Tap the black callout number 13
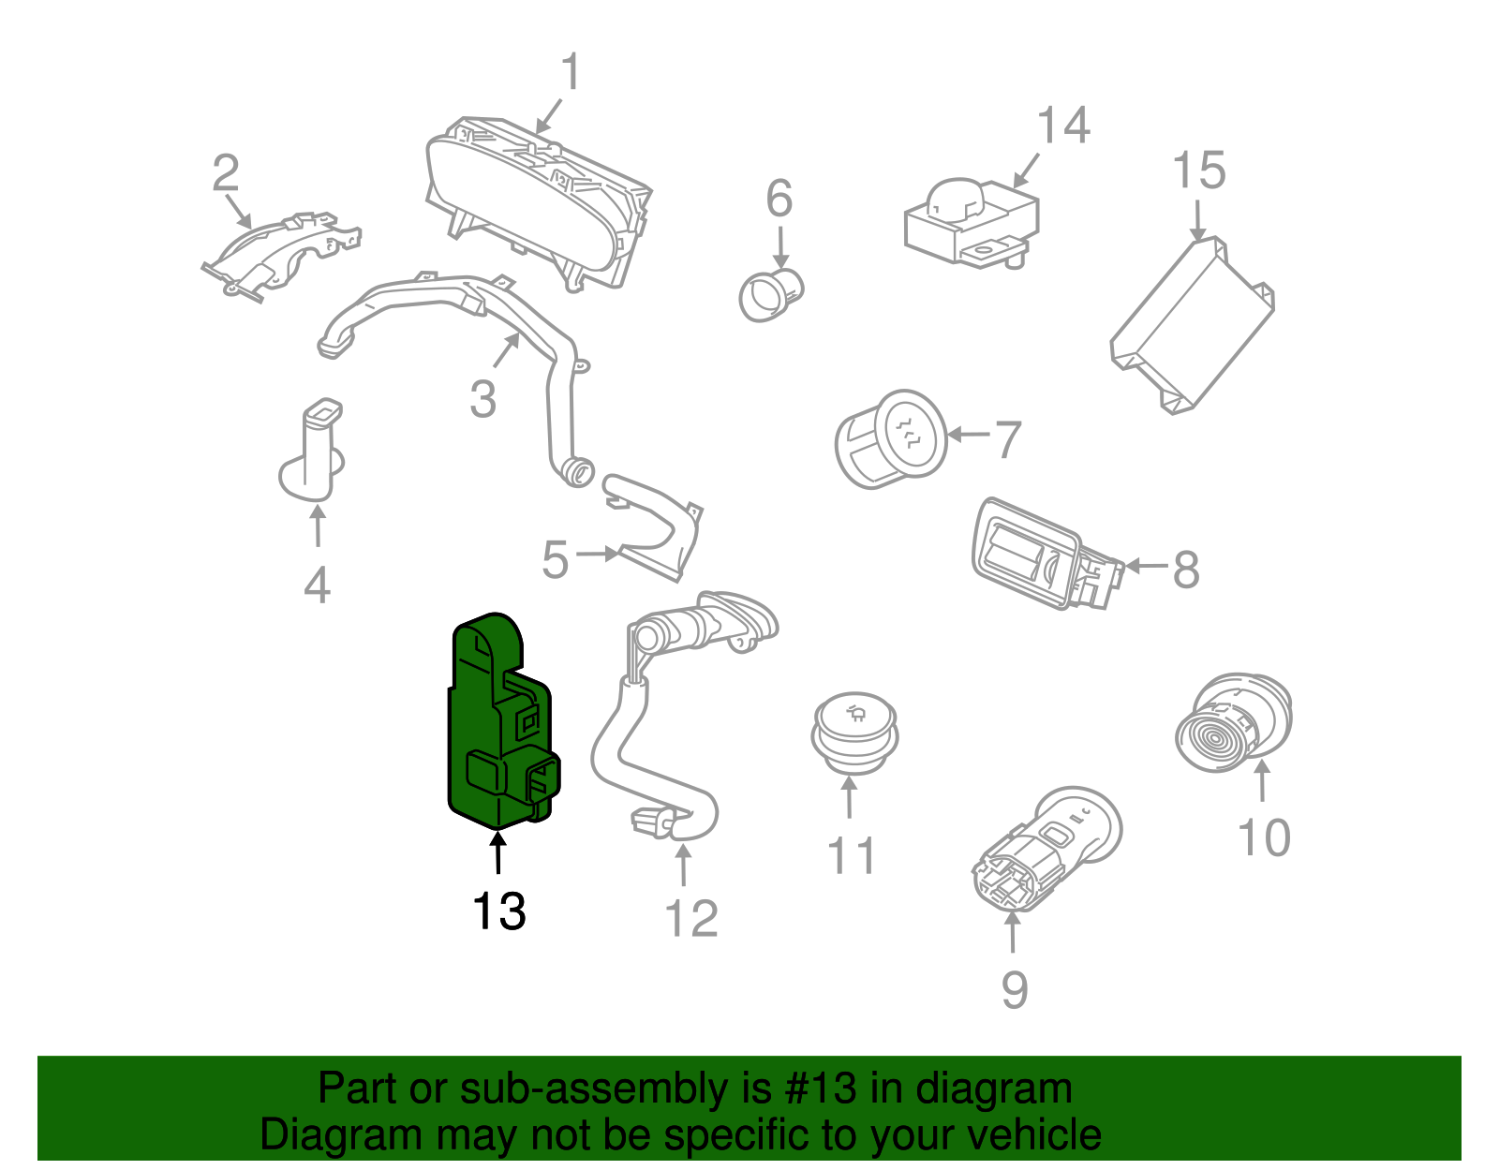(x=498, y=911)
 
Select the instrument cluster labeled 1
(x=534, y=201)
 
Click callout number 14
(x=1063, y=126)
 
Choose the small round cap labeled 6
(x=770, y=294)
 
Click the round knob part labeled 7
(x=890, y=438)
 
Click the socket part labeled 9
(x=1045, y=852)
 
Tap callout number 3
(x=482, y=399)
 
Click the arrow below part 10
(x=1262, y=782)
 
